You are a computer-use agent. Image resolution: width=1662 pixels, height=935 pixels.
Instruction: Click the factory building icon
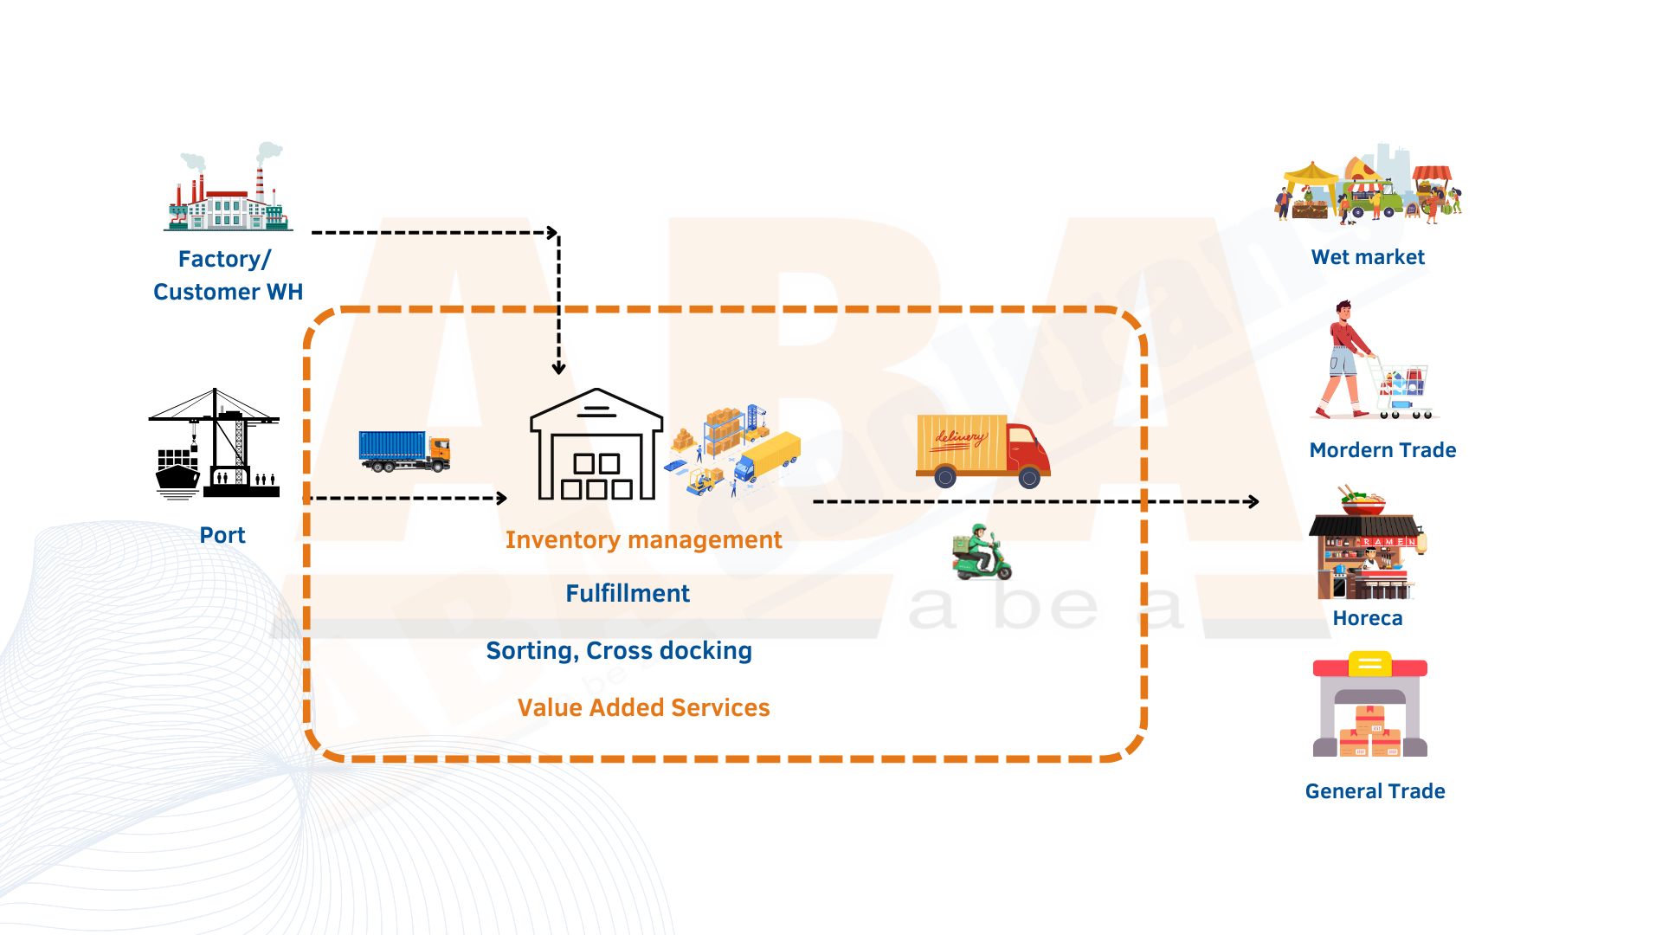229,190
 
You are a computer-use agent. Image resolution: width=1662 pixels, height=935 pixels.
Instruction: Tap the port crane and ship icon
214,444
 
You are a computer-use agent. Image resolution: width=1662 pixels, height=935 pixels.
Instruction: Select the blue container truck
404,451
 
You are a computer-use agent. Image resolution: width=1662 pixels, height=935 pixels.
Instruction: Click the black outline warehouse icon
596,445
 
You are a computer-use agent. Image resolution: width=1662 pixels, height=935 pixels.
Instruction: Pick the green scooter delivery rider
982,551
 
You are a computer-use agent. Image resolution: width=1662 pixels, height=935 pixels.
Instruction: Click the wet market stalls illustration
1368,186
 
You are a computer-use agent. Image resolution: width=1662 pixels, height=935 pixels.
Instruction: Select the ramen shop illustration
1367,544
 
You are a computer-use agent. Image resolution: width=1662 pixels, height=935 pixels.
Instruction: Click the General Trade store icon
1369,706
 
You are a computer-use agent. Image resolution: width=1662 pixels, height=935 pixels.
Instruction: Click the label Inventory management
643,540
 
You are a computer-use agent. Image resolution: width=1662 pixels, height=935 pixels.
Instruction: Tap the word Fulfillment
628,594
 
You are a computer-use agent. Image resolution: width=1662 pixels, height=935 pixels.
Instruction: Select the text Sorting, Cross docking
619,651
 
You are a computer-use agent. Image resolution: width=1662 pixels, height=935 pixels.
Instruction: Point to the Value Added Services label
643,708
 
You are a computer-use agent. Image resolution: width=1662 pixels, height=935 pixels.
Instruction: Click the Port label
222,536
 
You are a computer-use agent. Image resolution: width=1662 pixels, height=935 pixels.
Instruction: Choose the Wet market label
1368,257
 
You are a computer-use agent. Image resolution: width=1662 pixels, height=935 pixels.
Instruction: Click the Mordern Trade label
1382,450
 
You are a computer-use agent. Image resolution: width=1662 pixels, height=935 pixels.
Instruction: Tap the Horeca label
1368,618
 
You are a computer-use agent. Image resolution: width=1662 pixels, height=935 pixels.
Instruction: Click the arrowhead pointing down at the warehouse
559,368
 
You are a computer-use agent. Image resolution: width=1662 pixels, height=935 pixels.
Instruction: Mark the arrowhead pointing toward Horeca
1253,502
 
